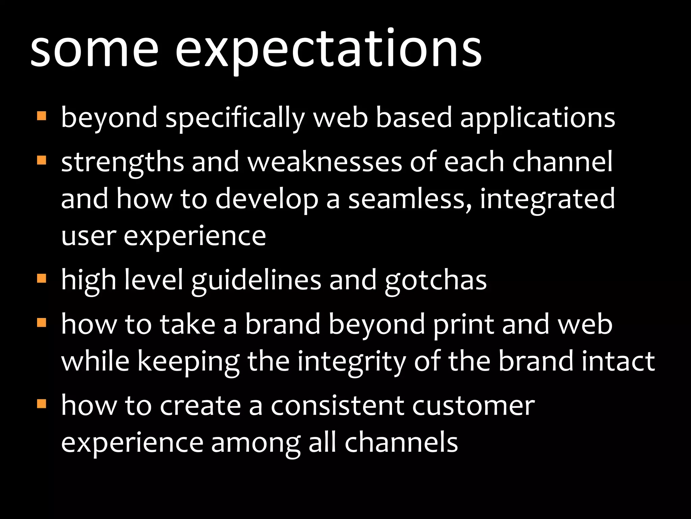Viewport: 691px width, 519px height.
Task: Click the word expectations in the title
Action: point(329,51)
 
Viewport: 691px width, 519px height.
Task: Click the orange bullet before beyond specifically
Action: point(42,116)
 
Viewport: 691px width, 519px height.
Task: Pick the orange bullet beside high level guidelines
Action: point(42,278)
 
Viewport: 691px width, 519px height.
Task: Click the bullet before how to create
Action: point(42,403)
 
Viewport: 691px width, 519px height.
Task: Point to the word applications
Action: point(537,118)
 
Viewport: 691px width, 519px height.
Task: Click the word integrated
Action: point(547,199)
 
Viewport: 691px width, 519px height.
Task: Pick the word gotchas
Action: point(436,281)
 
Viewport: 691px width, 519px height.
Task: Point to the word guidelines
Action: point(256,281)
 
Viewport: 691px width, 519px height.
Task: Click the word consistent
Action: point(337,405)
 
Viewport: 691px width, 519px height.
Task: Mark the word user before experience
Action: point(89,237)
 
